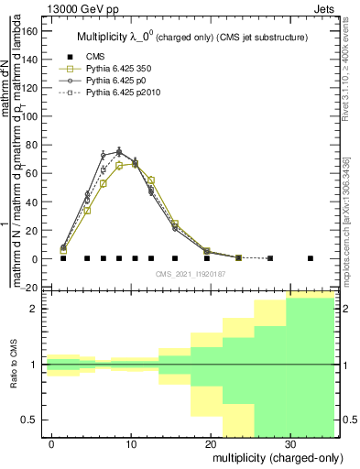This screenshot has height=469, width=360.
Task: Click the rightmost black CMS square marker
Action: (x=311, y=258)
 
